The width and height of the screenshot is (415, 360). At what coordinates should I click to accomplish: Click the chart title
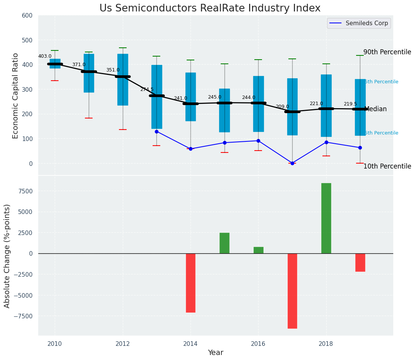pos(210,8)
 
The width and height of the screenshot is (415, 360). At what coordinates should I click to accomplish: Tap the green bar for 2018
pos(326,218)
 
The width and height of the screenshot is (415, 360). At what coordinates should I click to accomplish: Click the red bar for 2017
pos(292,291)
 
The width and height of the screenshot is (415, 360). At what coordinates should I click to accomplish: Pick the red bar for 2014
pos(190,283)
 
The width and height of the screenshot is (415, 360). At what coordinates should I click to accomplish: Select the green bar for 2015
pos(225,243)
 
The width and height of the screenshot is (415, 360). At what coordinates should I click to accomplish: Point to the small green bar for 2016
pos(258,250)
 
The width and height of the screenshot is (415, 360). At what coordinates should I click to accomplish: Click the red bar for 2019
pos(360,263)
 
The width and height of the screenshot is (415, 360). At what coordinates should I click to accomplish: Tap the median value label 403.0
pos(45,56)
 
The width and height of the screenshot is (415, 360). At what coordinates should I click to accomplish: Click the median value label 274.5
pos(146,89)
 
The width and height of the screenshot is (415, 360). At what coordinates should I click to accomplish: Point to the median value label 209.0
pos(282,107)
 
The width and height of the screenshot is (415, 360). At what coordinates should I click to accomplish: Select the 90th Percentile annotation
pos(387,52)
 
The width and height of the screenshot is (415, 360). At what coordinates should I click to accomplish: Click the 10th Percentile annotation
pos(387,167)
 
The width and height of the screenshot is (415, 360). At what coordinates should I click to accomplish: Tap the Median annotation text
pos(376,109)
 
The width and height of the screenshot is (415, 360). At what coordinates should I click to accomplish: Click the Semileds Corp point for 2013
pos(156,131)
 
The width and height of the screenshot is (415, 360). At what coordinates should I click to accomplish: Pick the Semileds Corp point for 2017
pos(292,163)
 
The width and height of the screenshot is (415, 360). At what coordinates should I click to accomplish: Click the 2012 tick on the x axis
pos(123,344)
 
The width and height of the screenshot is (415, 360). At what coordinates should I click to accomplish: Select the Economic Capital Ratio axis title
pos(16,96)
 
